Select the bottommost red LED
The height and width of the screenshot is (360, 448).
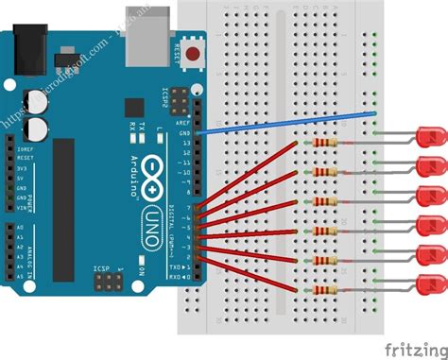pos(431,284)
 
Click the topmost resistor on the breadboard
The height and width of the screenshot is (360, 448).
pos(325,144)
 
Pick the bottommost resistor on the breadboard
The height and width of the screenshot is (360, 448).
pos(325,291)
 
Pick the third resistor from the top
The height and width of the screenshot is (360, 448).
pos(325,202)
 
